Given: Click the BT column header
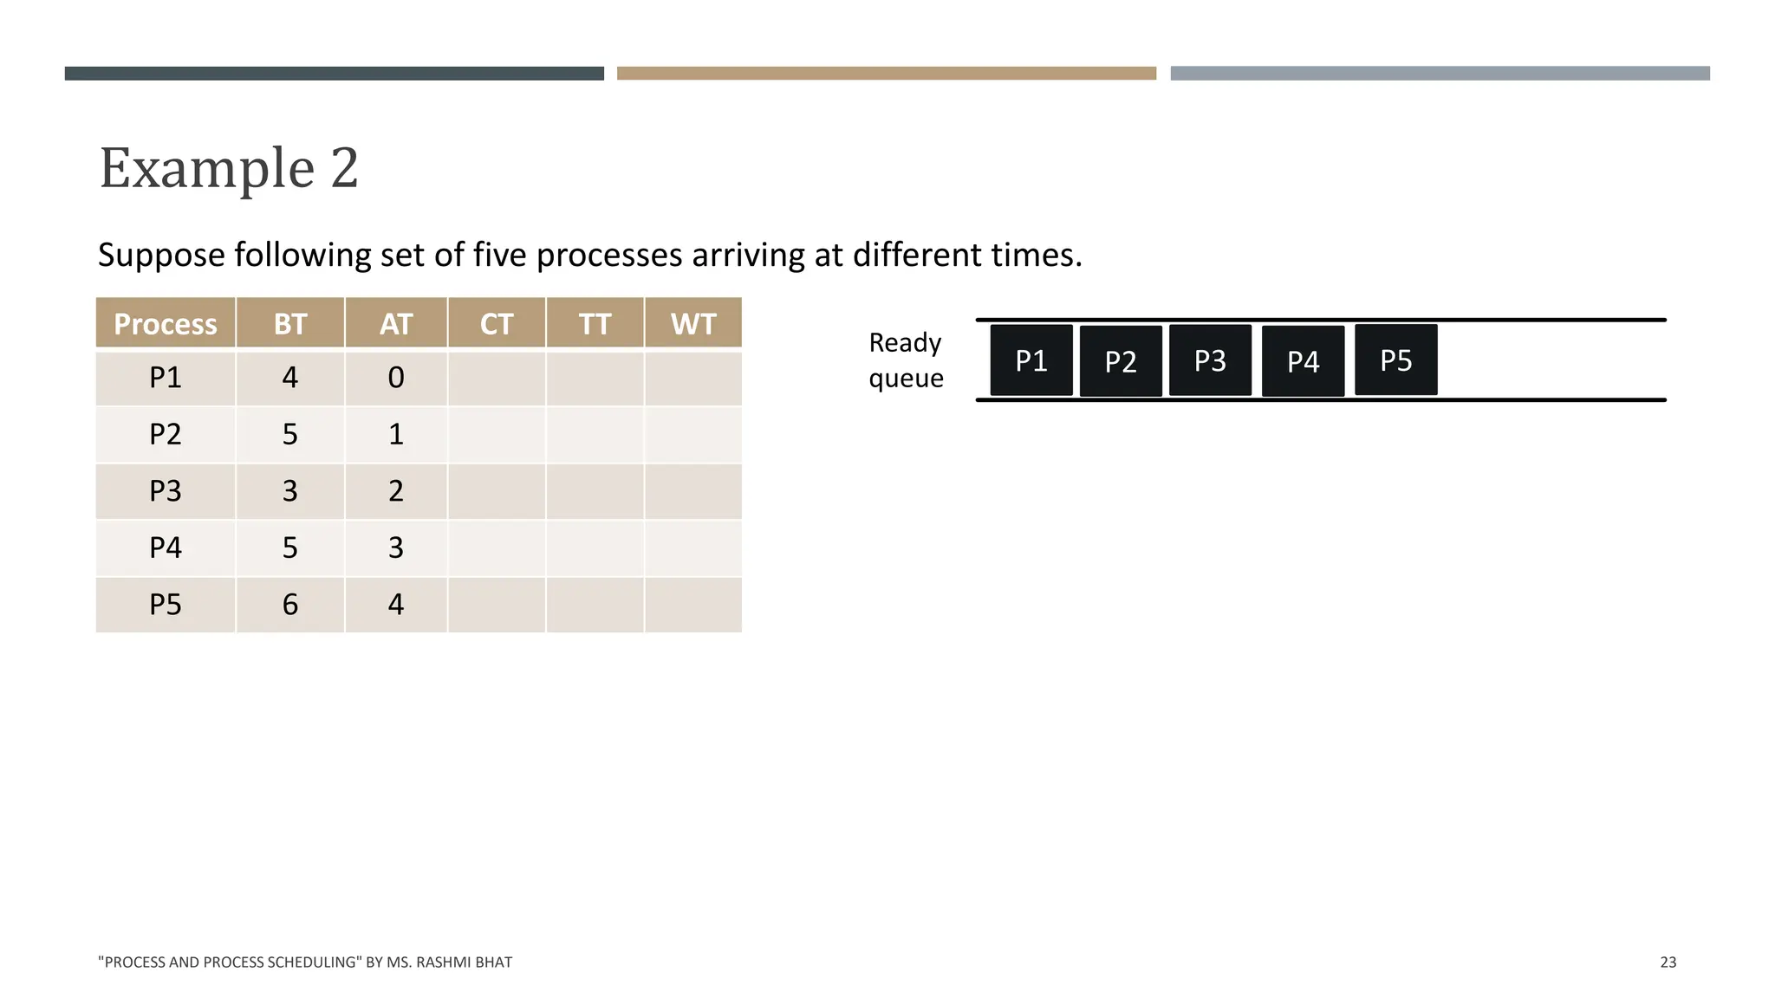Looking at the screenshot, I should click(x=290, y=324).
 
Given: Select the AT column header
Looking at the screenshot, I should click(x=396, y=324).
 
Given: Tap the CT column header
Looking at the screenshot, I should click(x=497, y=324).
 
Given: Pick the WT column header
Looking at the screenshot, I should click(x=693, y=324).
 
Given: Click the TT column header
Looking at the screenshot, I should click(x=595, y=324).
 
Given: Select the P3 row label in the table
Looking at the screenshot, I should click(x=166, y=491).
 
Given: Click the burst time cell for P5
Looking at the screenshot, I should click(x=290, y=605).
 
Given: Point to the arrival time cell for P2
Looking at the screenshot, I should click(x=396, y=434).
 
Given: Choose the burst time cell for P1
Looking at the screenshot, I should click(x=290, y=378).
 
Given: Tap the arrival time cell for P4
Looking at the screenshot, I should click(x=396, y=548).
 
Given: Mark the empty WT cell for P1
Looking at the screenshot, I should click(x=693, y=378).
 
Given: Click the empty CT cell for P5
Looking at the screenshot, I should click(x=497, y=605).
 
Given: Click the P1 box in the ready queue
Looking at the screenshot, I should click(x=1031, y=360).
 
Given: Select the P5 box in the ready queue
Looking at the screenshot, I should click(x=1395, y=360).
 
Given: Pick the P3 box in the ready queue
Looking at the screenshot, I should click(x=1210, y=360).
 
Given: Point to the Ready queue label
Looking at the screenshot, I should click(x=906, y=360).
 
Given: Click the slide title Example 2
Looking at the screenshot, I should click(x=229, y=167).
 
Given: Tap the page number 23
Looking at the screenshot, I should click(x=1668, y=962).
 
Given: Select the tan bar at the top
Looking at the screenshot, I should click(x=887, y=74).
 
